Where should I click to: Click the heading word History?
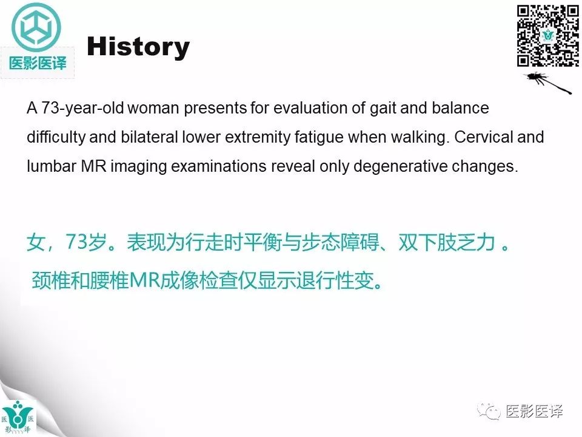pos(138,47)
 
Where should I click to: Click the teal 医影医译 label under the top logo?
pos(38,62)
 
